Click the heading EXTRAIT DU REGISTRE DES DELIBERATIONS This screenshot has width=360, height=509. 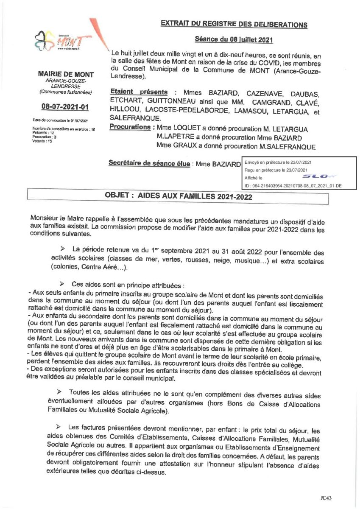[x=234, y=24]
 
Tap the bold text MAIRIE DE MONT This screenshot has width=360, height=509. [x=65, y=75]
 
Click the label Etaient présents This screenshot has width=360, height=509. [x=138, y=92]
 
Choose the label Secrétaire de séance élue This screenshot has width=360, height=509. [x=149, y=163]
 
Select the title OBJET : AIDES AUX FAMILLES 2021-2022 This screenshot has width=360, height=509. [x=178, y=197]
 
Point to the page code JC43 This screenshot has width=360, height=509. [x=327, y=495]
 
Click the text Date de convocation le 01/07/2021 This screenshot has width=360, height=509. [x=60, y=120]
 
